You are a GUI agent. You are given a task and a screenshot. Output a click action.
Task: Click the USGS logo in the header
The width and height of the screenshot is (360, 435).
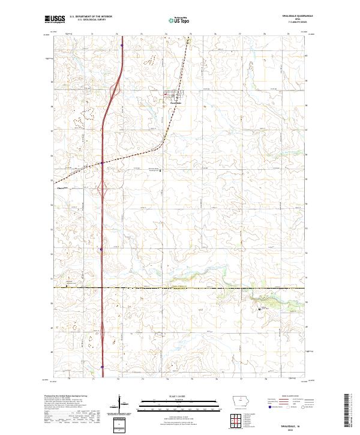point(52,20)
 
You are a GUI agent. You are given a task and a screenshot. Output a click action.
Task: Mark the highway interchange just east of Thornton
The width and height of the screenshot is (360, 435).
point(103,190)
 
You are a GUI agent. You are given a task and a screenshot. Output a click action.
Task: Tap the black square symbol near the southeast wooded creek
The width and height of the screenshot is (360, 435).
point(259,309)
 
